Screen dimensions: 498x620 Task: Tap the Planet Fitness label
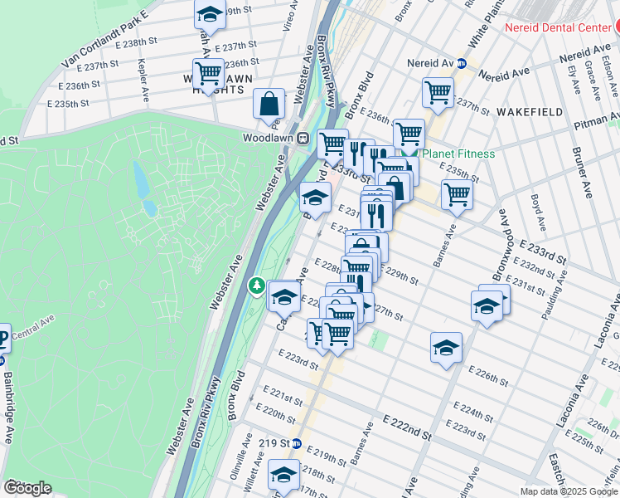[x=458, y=154]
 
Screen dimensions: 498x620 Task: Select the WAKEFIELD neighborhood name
[x=530, y=111]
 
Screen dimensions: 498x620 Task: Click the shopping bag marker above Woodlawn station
[x=269, y=105]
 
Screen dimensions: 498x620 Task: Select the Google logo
[x=27, y=488]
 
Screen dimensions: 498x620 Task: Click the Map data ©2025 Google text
[x=569, y=491]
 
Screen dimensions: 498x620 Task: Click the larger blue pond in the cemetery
[x=140, y=177]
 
